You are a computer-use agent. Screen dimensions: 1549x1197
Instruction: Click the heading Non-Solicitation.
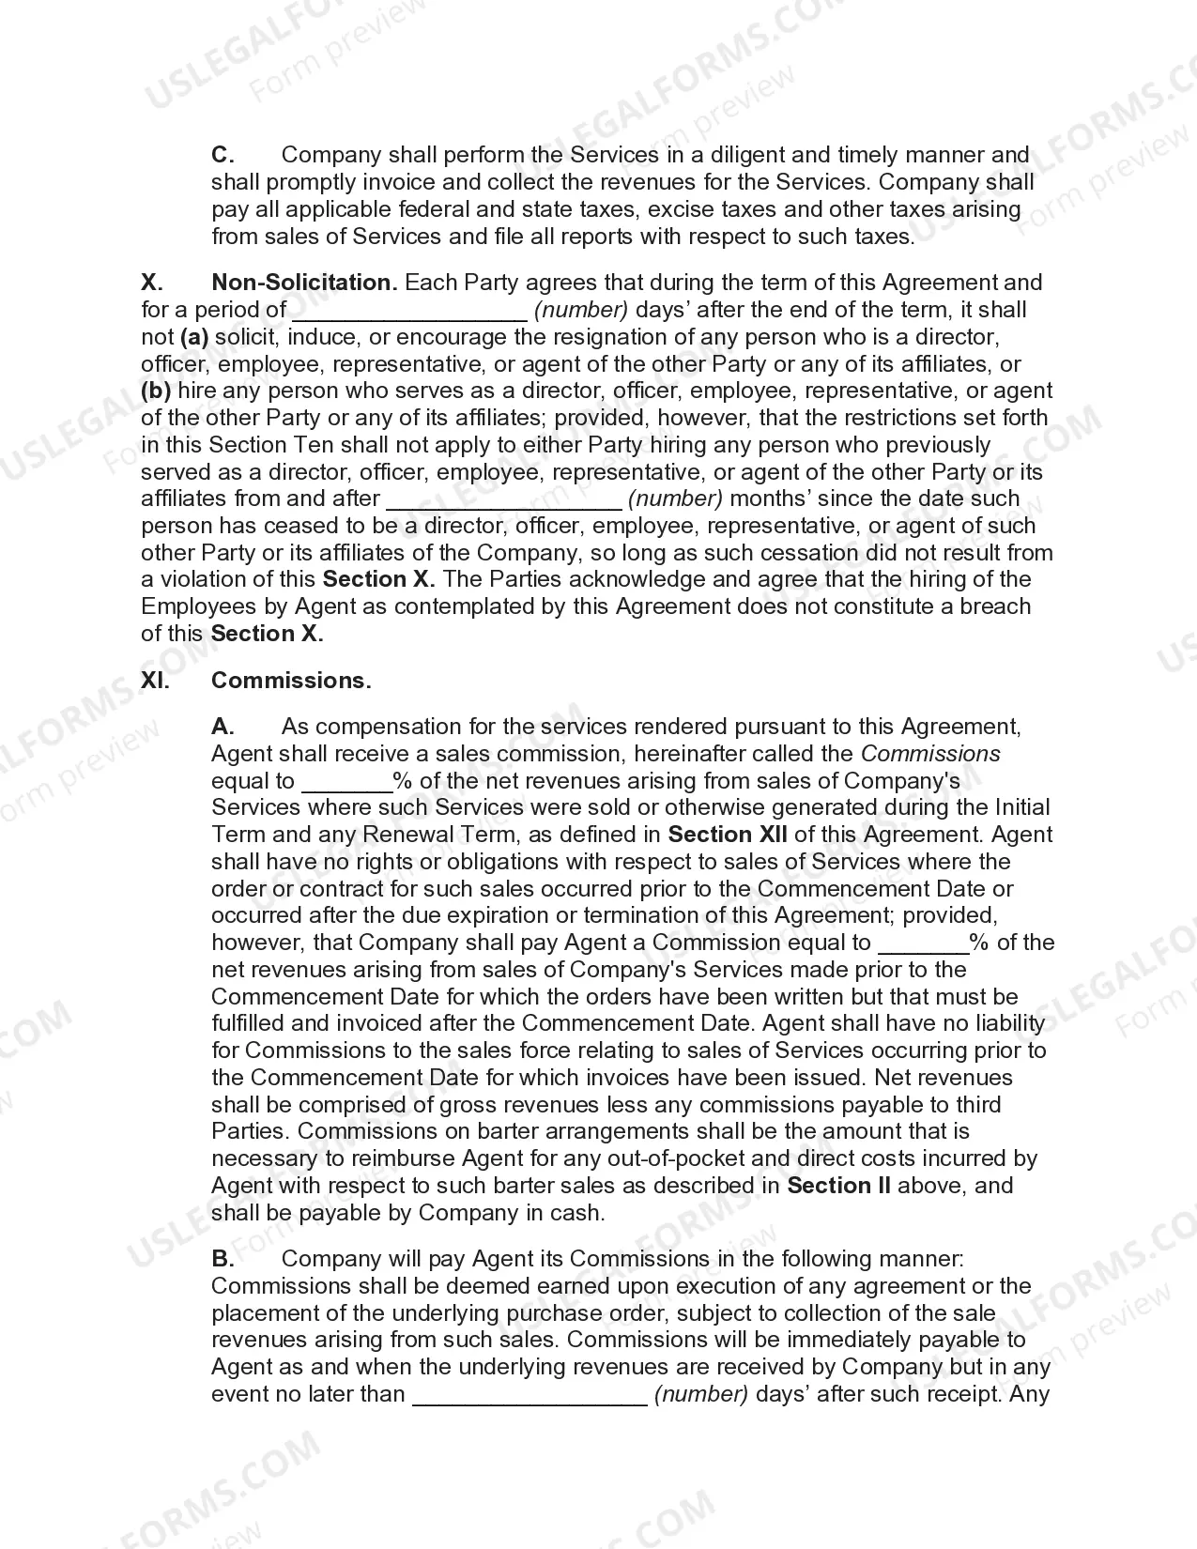click(304, 283)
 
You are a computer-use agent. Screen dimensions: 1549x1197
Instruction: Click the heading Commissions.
click(291, 681)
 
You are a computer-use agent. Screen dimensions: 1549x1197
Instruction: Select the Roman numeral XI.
click(155, 681)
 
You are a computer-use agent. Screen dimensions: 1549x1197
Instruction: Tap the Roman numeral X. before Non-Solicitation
click(152, 283)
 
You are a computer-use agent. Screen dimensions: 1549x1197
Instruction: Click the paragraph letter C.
click(223, 155)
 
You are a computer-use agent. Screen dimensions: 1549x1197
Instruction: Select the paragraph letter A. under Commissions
click(223, 727)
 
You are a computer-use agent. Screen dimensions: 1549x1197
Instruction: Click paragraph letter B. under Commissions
click(223, 1259)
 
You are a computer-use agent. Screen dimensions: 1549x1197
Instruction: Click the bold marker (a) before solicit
click(194, 337)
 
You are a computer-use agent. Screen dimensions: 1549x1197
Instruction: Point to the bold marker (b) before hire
click(156, 391)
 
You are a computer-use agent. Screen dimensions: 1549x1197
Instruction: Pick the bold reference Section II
click(838, 1186)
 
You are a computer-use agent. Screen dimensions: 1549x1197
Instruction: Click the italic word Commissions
click(930, 754)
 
